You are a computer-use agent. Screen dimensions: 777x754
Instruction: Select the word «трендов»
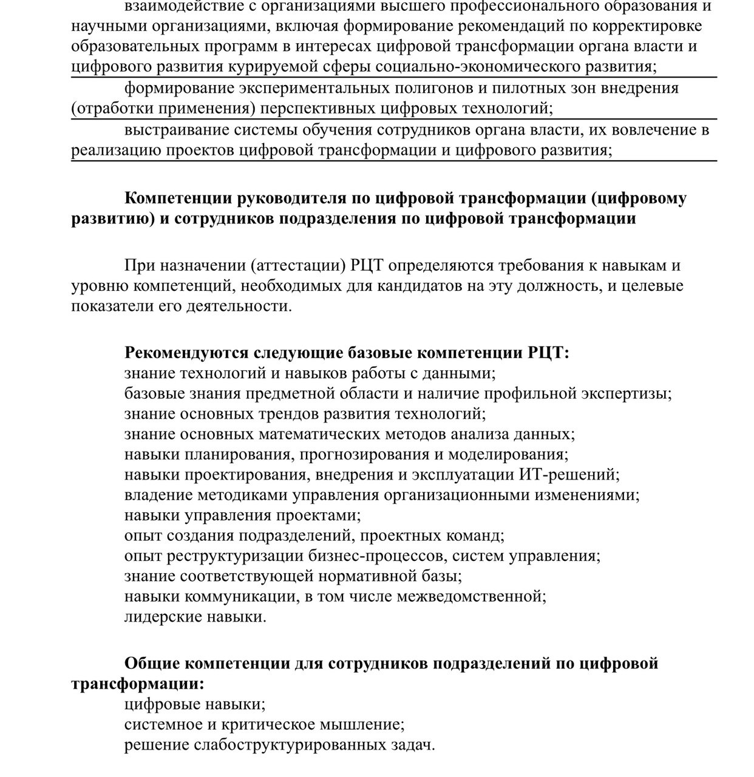point(284,414)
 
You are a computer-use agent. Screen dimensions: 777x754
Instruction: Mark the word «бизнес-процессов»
point(384,556)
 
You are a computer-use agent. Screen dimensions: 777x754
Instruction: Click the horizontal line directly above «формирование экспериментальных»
point(394,78)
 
